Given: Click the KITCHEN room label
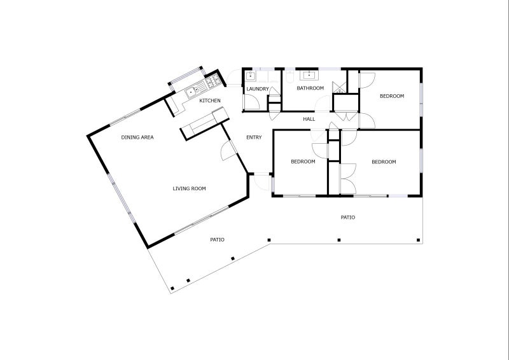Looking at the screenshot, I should point(210,100).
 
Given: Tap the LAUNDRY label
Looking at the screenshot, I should point(258,89).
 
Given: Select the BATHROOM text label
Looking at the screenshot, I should point(310,88).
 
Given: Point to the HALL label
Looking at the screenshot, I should point(309,119).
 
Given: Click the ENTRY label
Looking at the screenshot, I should point(254,137).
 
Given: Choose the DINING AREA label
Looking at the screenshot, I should point(137,137).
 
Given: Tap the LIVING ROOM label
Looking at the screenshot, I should point(189,188).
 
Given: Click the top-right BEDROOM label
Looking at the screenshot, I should point(392,96).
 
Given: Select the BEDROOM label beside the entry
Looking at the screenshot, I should point(303,162).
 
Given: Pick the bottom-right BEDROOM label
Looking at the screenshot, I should point(384,162).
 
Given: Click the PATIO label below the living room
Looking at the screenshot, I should point(218,240).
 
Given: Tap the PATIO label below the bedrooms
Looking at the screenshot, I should point(347,218).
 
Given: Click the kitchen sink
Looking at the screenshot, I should point(191,92).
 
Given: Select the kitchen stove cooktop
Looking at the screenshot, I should point(212,81).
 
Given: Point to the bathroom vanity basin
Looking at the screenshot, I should point(309,75).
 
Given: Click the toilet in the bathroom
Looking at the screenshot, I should point(289,76).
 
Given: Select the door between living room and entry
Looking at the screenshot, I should point(227,151).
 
